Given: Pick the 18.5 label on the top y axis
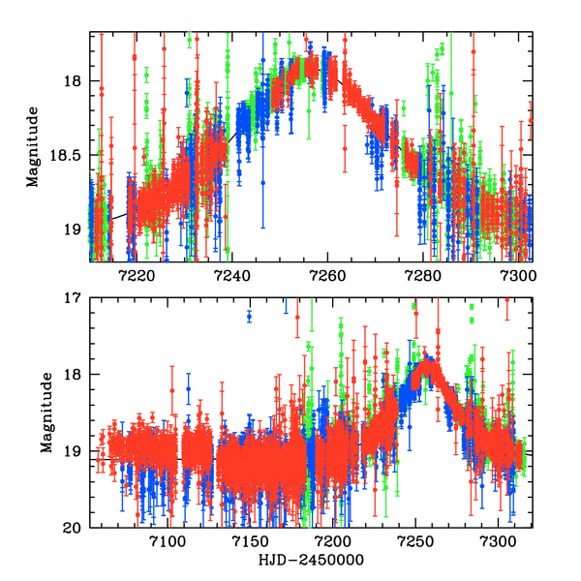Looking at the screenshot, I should point(69,155).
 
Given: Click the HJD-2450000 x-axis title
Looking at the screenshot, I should point(310,561).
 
